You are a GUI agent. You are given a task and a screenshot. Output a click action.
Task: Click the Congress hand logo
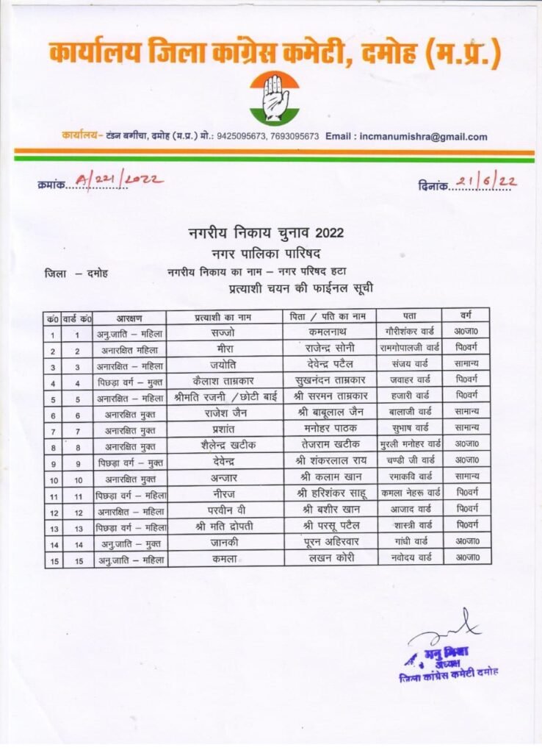(x=274, y=99)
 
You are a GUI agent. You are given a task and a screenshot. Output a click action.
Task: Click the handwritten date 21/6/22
(x=486, y=182)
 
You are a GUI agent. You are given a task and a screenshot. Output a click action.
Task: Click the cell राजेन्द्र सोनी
(x=330, y=349)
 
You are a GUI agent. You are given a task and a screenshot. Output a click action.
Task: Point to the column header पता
(x=412, y=318)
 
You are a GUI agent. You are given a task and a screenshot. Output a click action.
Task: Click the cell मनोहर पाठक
(x=330, y=428)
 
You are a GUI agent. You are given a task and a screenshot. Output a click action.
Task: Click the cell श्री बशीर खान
(x=330, y=508)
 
